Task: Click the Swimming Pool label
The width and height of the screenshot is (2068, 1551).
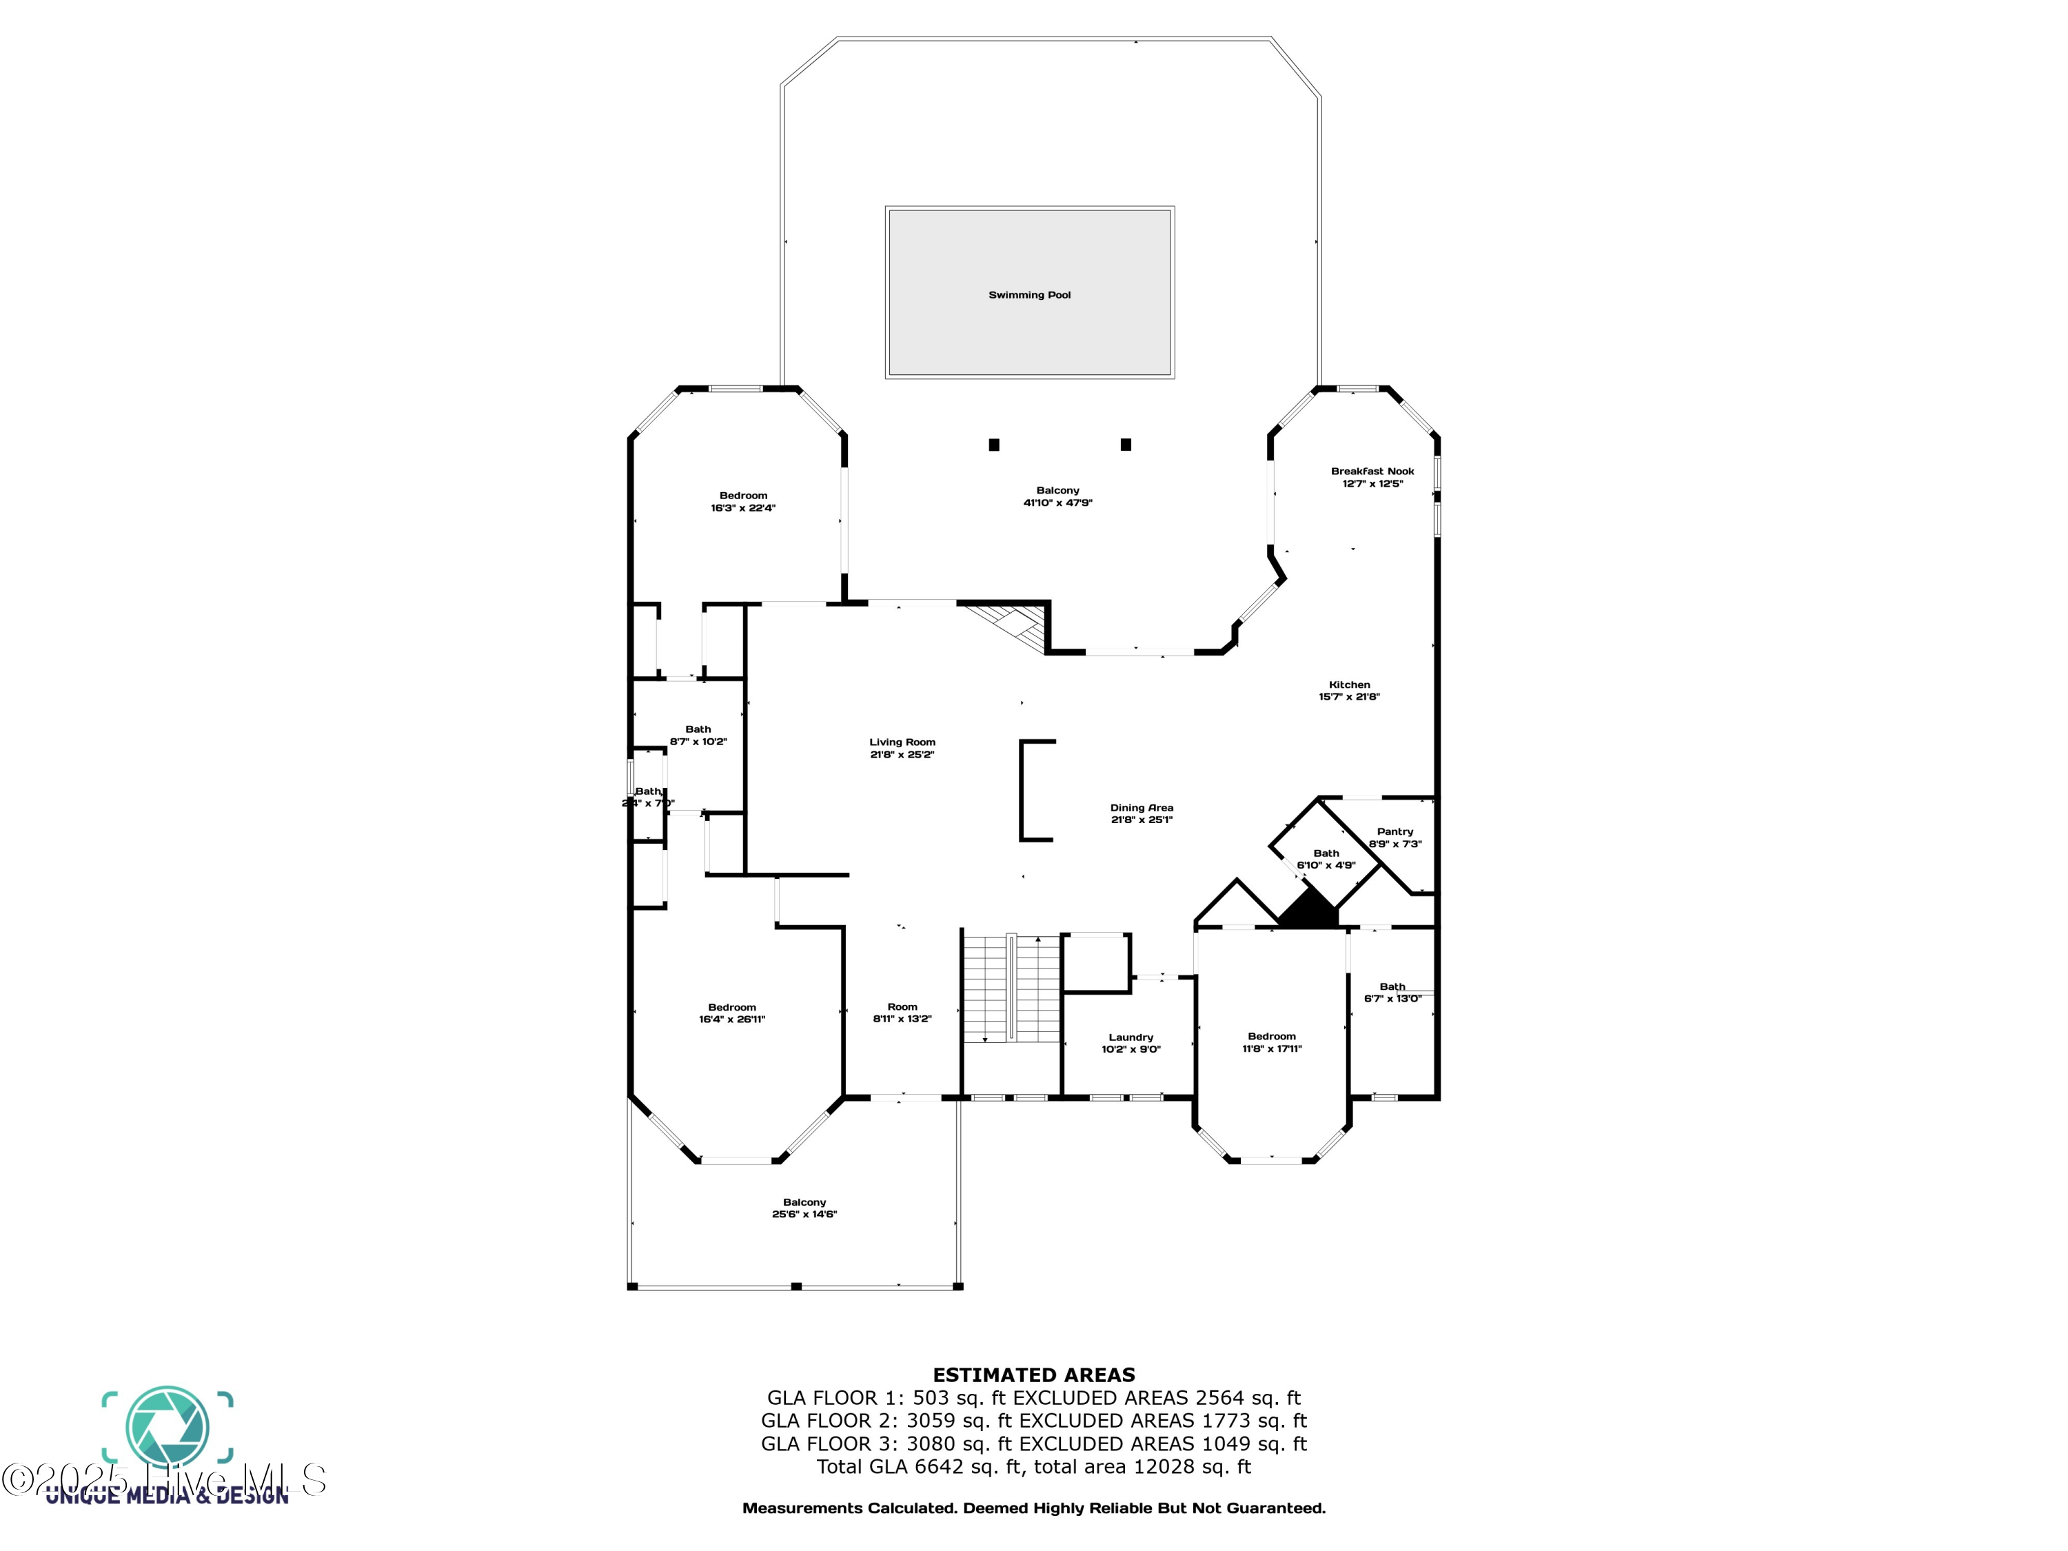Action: pos(1029,294)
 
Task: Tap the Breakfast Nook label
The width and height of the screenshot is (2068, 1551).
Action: pos(1372,477)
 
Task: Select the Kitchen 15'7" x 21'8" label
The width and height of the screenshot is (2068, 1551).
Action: pos(1349,690)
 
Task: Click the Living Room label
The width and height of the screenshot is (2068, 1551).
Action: pos(902,748)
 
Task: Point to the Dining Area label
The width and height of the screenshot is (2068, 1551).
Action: pos(1142,813)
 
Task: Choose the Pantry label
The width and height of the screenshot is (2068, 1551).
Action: pos(1395,837)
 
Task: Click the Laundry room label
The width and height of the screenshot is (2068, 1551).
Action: pos(1131,1042)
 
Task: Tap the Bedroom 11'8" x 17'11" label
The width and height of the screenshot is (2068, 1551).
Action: pos(1271,1042)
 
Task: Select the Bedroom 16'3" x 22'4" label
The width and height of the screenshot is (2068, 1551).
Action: pos(743,501)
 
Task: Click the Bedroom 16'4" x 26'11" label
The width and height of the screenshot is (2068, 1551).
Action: pos(732,1013)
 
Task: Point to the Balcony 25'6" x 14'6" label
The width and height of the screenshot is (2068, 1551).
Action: pos(804,1208)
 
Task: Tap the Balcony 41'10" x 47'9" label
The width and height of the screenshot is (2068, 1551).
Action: pos(1057,496)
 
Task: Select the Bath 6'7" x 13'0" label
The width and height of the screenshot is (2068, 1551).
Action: pos(1392,992)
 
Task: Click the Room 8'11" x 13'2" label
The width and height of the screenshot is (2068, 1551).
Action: pos(902,1013)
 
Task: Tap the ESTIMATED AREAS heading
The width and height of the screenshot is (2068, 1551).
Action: pos(1033,1375)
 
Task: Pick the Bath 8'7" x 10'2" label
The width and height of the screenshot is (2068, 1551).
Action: pos(698,735)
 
